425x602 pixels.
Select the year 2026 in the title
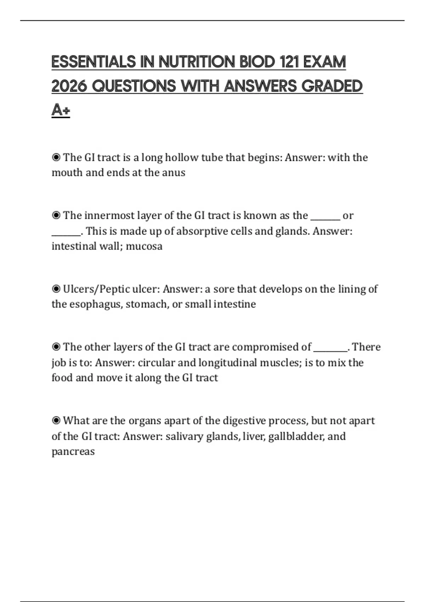click(69, 86)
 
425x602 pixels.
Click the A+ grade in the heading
click(61, 110)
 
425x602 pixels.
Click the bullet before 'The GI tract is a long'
click(56, 157)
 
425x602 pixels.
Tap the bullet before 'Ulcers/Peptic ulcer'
click(56, 289)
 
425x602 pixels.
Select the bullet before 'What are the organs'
click(56, 421)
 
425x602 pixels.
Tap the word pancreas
click(73, 451)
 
